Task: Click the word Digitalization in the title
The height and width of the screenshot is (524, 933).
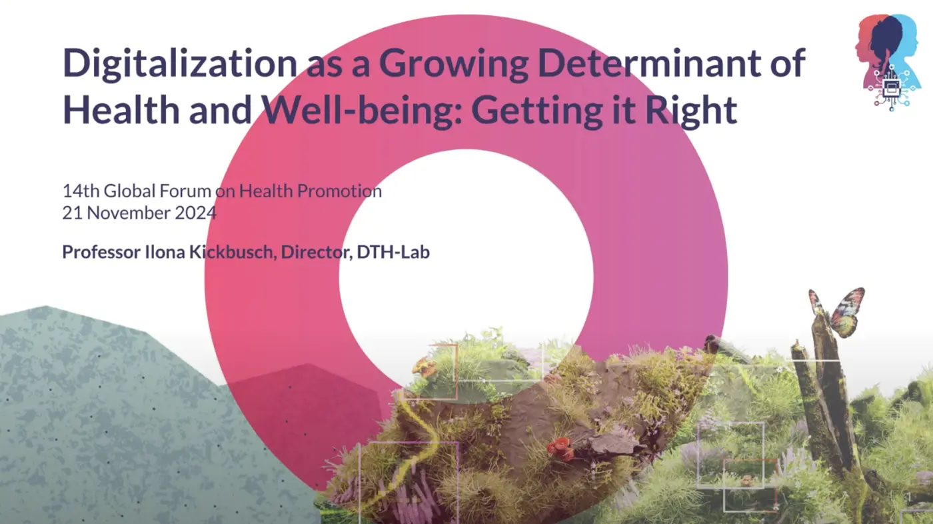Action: (x=179, y=63)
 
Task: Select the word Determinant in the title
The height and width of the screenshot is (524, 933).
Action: (x=648, y=63)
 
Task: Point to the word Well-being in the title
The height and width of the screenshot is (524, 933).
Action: (x=361, y=110)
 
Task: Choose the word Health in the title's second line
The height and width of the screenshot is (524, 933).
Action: (x=121, y=109)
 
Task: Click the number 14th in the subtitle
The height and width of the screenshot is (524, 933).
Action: (x=81, y=191)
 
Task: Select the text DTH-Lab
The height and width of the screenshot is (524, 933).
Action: (x=393, y=252)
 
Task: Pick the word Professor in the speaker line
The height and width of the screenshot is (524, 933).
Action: (x=101, y=252)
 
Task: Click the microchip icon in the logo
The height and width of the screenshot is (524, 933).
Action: (x=891, y=87)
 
